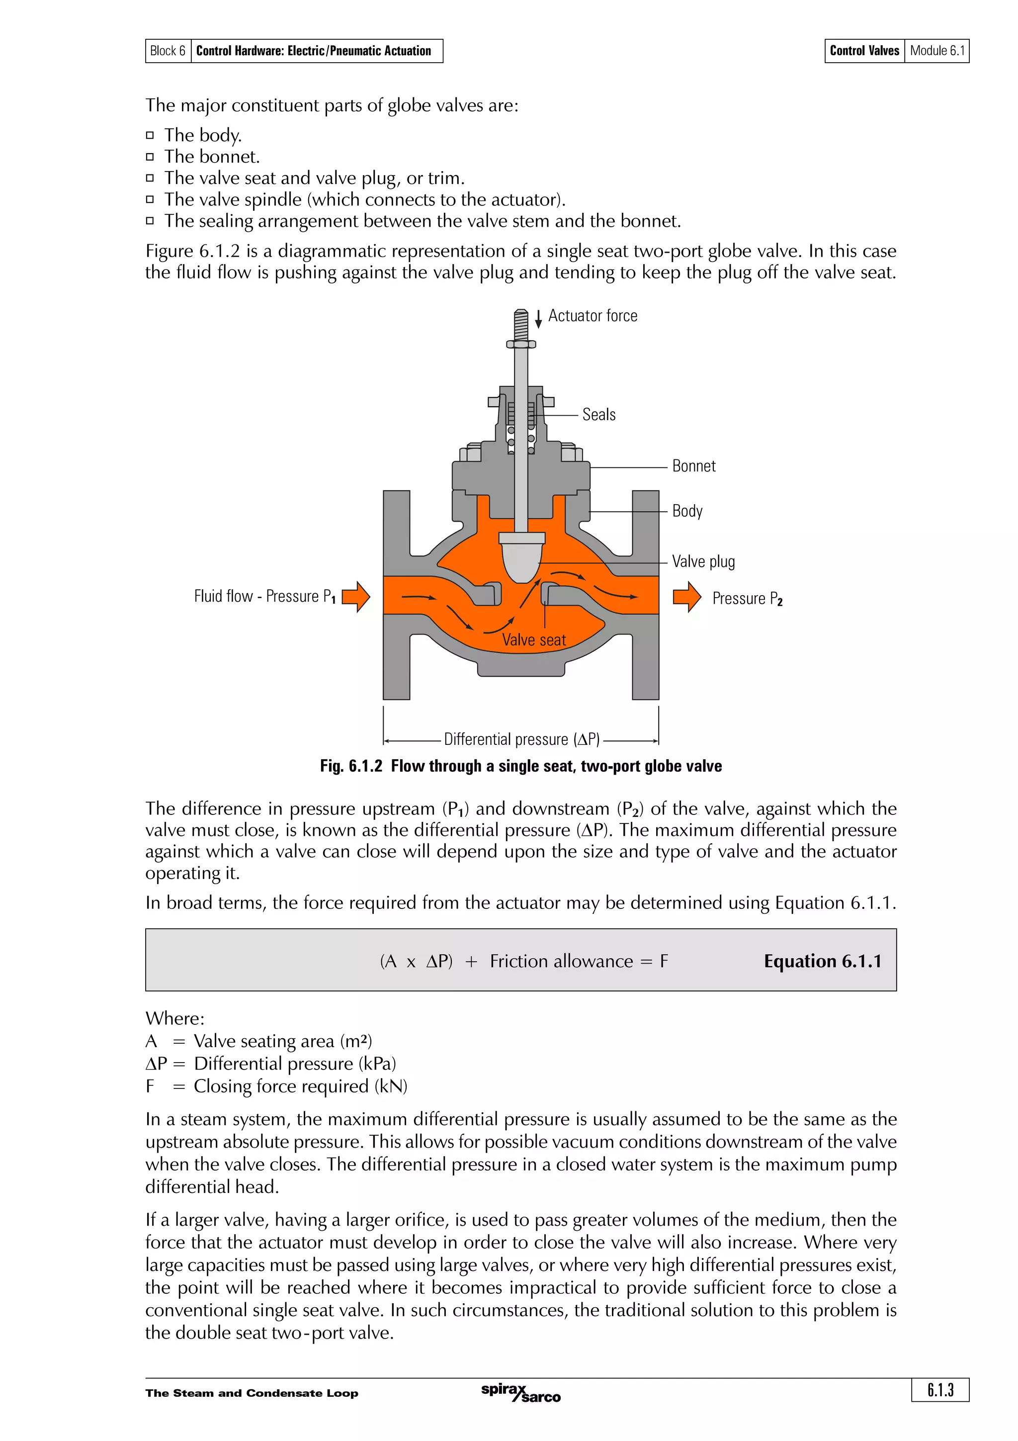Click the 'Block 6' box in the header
[x=168, y=51]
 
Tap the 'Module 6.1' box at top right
[x=936, y=51]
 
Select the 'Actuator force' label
[x=592, y=316]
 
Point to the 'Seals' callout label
[x=598, y=415]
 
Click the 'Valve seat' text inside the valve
[x=533, y=640]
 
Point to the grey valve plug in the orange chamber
[x=521, y=560]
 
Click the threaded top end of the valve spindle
[x=520, y=325]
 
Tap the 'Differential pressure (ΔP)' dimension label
[x=521, y=739]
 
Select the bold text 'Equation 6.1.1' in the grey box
[x=822, y=962]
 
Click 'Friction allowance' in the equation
[x=561, y=962]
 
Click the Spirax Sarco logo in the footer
[x=520, y=1392]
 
